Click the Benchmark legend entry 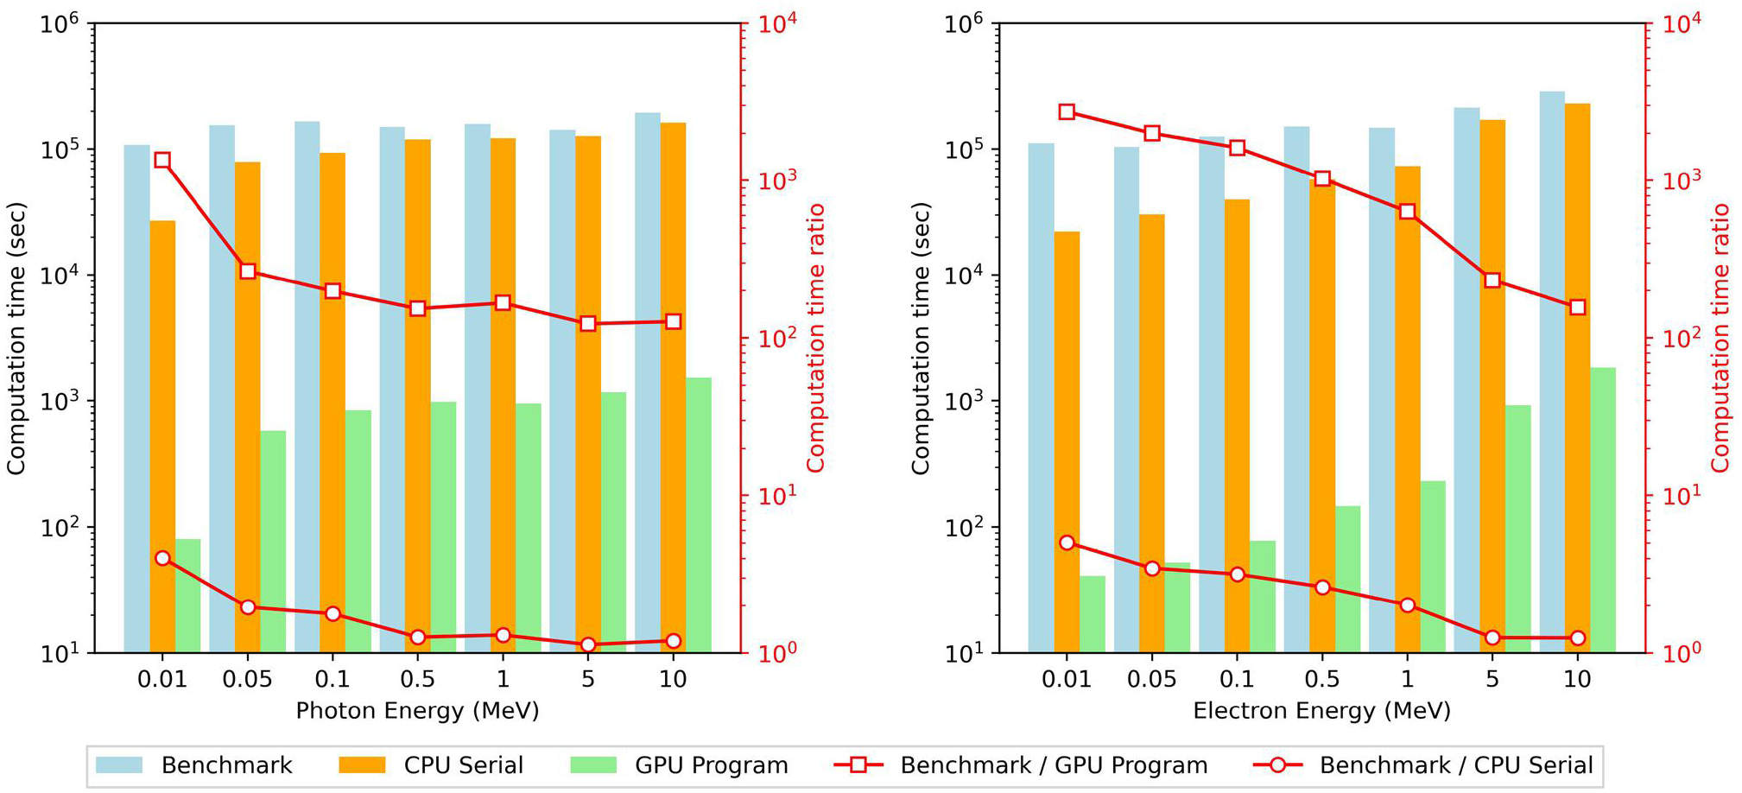coord(194,765)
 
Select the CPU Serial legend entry coord(432,765)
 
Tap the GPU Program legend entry coord(680,765)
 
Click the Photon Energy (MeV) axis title coord(417,711)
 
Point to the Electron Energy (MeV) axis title coord(1321,711)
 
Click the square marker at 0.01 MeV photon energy coord(162,160)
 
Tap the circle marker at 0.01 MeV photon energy coord(162,558)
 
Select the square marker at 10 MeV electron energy coord(1577,308)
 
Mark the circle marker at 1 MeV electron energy coord(1407,606)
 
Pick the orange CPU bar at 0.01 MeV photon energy coord(162,432)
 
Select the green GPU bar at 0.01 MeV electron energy coord(1093,613)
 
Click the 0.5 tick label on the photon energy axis coord(417,680)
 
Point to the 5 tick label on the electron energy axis coord(1492,680)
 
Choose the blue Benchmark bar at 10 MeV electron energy coord(1552,371)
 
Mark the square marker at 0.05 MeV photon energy coord(248,271)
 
